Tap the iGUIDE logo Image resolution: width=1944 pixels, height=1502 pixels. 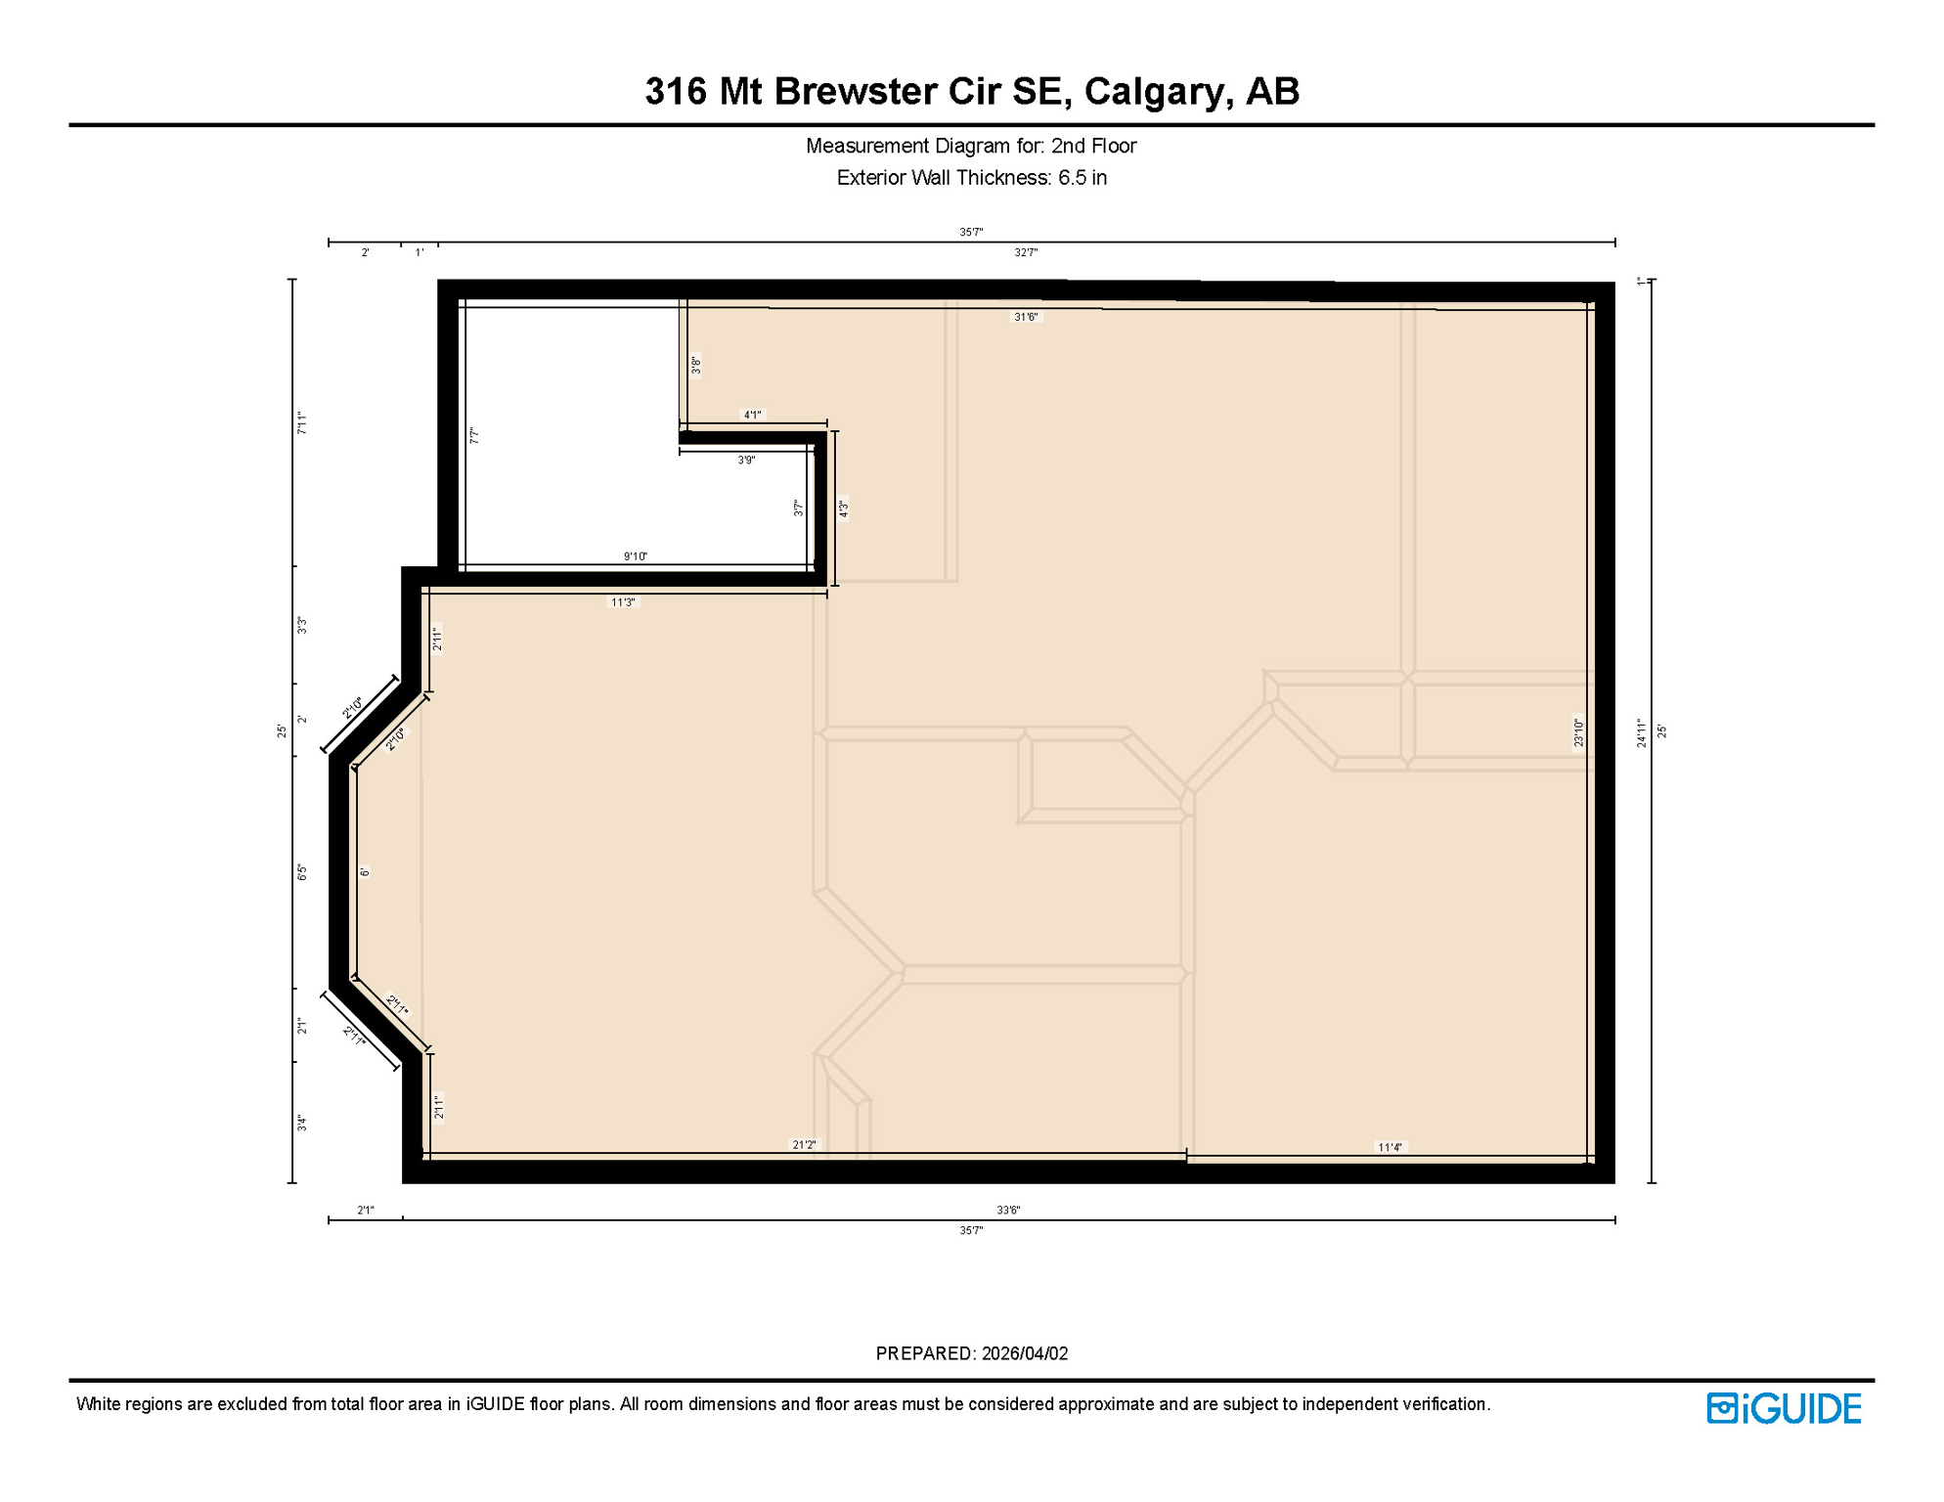1784,1408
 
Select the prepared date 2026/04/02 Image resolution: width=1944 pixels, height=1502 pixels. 1025,1353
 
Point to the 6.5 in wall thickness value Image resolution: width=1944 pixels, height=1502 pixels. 1082,178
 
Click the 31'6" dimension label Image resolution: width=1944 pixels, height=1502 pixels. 1026,317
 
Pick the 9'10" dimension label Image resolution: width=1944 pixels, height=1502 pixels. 636,556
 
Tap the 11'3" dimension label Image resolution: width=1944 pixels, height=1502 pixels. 623,602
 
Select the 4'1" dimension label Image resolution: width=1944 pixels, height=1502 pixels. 752,415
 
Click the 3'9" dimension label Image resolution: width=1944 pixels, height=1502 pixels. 746,460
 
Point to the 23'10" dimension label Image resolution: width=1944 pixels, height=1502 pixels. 1578,732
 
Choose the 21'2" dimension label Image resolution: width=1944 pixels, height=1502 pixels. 804,1144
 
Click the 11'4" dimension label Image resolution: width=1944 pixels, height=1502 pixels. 1390,1147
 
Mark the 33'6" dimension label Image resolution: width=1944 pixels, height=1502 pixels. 1008,1210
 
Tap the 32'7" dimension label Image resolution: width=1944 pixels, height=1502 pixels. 1026,252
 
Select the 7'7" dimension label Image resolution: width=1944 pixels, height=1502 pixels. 474,435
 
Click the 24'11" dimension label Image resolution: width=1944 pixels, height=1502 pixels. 1642,732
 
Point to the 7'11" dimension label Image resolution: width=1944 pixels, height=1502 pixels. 302,423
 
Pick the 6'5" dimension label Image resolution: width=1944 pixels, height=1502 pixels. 302,872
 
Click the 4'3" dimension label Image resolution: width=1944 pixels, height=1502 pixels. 843,508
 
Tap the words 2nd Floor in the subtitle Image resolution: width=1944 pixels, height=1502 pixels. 1093,146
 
